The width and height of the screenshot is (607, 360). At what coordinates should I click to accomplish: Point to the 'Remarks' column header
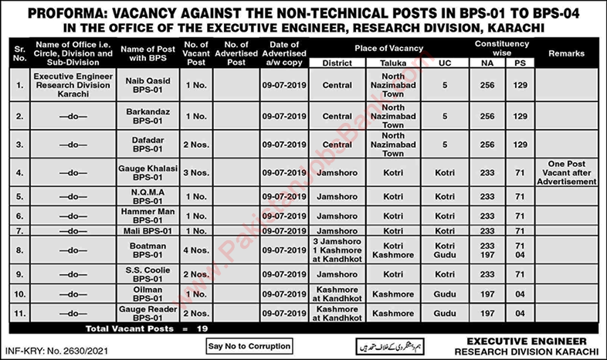(566, 53)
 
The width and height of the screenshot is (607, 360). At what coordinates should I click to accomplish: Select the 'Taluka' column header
(394, 62)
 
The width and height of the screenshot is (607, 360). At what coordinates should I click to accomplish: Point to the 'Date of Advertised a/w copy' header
(283, 53)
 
